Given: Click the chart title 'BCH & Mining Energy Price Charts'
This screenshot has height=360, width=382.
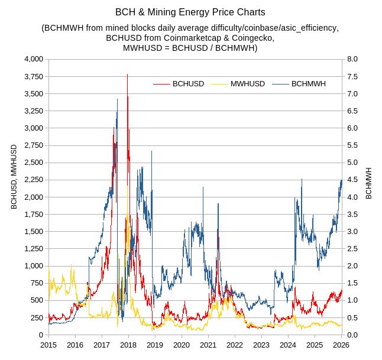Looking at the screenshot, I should click(190, 12).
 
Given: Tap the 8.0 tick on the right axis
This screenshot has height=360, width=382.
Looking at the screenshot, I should click(352, 59).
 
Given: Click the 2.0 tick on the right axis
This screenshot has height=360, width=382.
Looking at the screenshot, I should click(352, 266).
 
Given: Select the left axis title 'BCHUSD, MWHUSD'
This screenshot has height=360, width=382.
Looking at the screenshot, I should click(14, 177).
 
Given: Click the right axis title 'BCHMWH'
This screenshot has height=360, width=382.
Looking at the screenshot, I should click(369, 183).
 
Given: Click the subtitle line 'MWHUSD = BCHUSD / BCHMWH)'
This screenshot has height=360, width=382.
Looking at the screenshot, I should click(190, 48).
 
